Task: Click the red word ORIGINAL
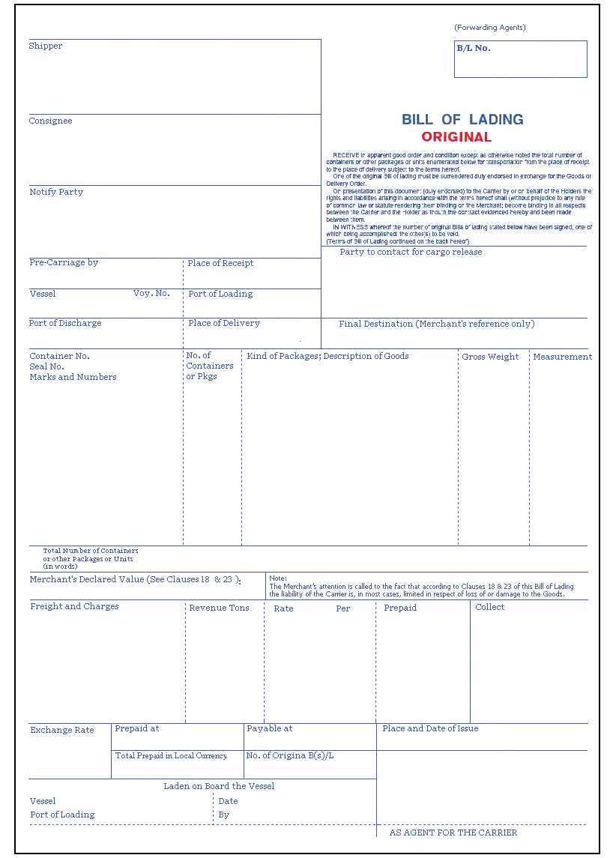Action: coord(456,137)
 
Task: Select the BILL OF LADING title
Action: coord(462,119)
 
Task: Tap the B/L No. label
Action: coord(474,48)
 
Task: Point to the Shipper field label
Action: coord(46,46)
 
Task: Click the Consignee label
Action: coord(51,121)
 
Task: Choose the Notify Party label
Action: coord(56,192)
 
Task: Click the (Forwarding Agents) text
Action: coord(490,28)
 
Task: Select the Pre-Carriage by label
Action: coord(64,262)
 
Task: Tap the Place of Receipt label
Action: coord(220,263)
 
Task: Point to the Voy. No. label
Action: coord(151,293)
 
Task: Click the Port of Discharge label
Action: coord(65,323)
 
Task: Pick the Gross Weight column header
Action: coord(490,357)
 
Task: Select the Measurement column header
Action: coord(562,357)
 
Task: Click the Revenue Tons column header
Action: coord(219,608)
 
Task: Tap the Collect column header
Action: coord(490,607)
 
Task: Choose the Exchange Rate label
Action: coord(62,730)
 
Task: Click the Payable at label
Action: coord(269,728)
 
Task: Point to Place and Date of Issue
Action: coord(430,728)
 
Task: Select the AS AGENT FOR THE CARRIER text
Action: coord(453,833)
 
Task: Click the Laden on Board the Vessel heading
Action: coord(219,786)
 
